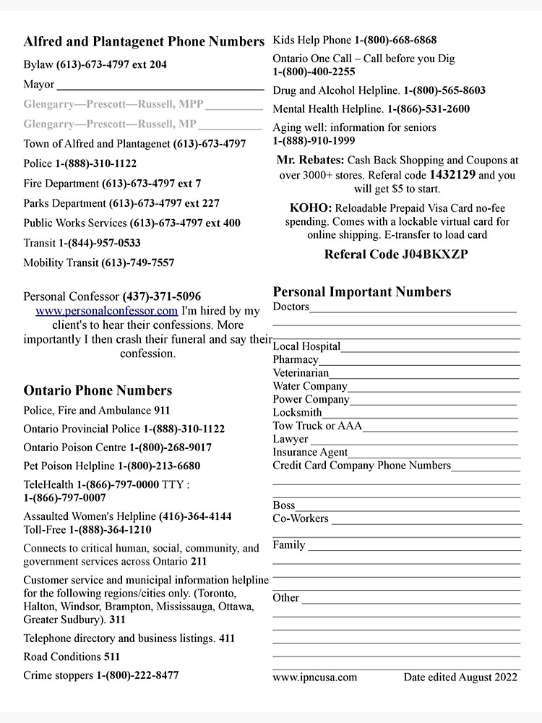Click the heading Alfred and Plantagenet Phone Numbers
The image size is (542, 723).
[x=144, y=42]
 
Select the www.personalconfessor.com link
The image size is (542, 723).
[x=106, y=311]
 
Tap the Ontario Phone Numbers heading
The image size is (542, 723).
[x=98, y=390]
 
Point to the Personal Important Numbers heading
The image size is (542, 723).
[x=361, y=292]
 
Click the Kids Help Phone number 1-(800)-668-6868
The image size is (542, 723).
[x=395, y=40]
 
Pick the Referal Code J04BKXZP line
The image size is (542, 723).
[x=396, y=254]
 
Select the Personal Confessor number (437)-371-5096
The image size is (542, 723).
[x=162, y=296]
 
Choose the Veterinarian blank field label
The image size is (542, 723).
[x=301, y=373]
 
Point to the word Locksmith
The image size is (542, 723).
[x=297, y=413]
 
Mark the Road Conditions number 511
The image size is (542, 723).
[x=112, y=657]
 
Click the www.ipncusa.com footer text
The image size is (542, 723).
[x=314, y=677]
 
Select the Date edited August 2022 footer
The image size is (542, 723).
[x=460, y=677]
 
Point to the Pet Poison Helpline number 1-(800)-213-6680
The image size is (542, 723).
[x=159, y=466]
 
